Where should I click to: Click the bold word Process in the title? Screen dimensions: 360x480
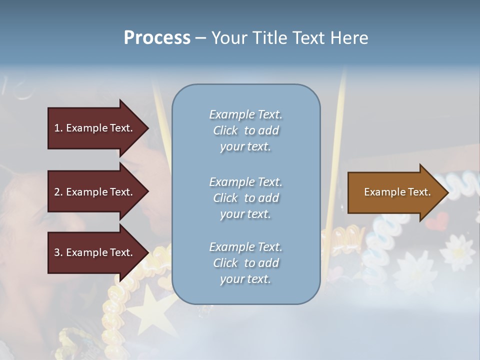157,38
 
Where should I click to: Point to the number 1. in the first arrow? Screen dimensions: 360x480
58,128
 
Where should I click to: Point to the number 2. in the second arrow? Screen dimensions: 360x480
58,192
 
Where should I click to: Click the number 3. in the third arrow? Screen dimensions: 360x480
58,253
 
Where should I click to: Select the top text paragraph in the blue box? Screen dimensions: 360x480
245,130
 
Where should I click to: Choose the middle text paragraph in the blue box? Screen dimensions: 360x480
245,198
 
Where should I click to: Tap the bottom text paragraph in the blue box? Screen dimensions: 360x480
245,263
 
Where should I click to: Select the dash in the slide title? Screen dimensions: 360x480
200,38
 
